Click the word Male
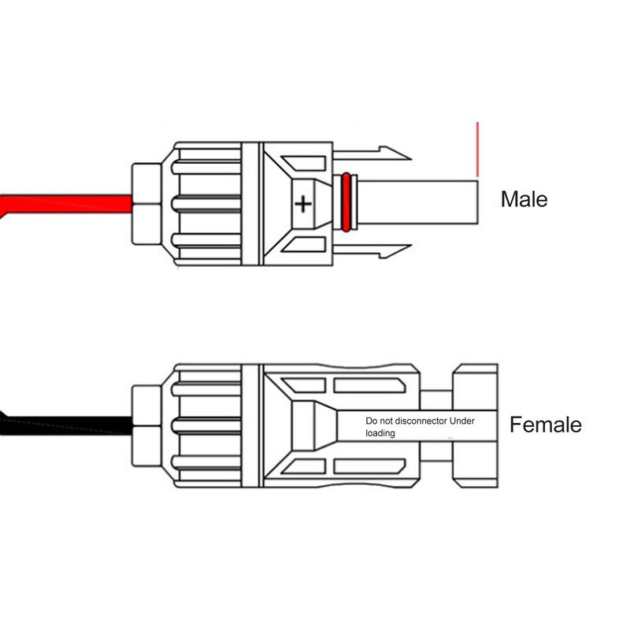click(x=524, y=199)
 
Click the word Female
click(x=545, y=424)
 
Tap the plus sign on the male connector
click(x=303, y=204)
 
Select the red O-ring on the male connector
click(x=346, y=202)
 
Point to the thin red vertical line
click(x=478, y=150)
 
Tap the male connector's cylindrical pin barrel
click(x=417, y=202)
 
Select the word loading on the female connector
click(x=380, y=433)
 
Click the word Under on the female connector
click(x=462, y=421)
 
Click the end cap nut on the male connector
click(x=146, y=204)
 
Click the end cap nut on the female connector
click(x=146, y=426)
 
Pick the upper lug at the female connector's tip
click(x=476, y=387)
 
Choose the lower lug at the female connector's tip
click(x=476, y=465)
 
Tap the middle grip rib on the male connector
click(x=206, y=204)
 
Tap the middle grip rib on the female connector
click(x=206, y=426)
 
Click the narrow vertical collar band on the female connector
click(x=252, y=426)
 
